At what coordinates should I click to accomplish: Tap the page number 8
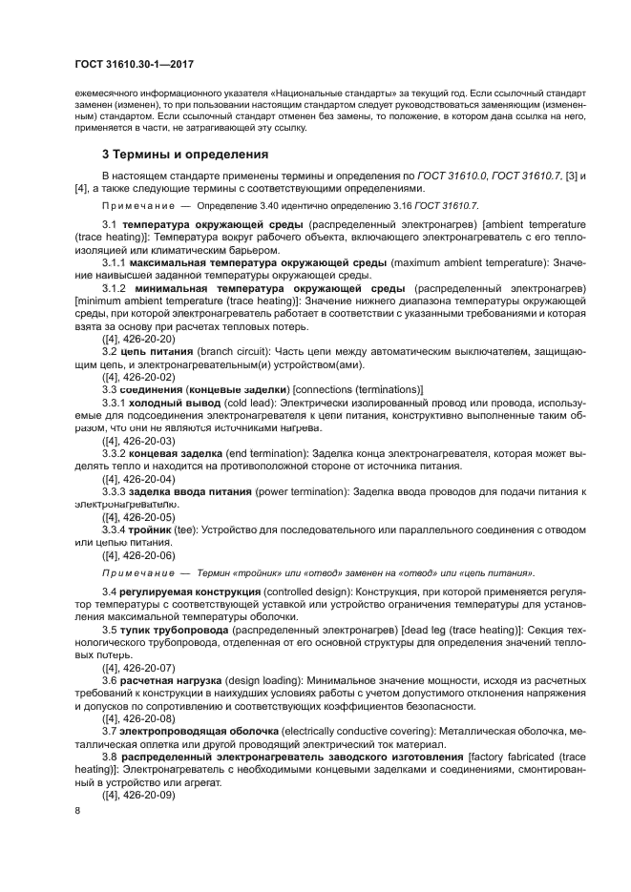click(78, 810)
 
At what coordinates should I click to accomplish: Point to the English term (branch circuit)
click(233, 352)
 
